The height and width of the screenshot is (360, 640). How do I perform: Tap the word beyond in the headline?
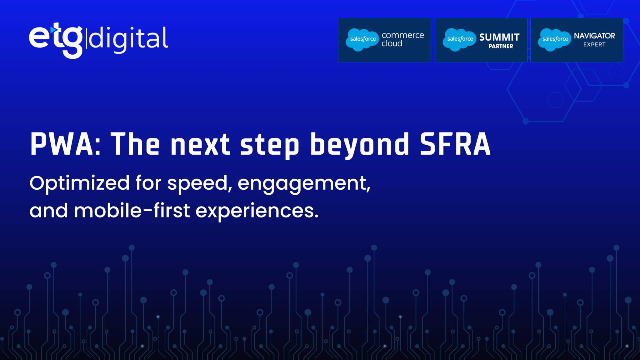point(360,145)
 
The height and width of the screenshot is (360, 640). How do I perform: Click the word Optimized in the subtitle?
point(79,183)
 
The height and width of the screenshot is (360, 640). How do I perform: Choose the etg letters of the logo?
point(56,40)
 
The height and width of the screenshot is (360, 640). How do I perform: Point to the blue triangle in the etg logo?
point(53,30)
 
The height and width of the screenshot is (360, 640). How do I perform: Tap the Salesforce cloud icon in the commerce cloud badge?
point(362,40)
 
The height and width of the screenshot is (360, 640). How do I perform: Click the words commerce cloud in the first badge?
point(403,39)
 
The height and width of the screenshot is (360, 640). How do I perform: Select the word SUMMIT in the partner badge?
point(499,37)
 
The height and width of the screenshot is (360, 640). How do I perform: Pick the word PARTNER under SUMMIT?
point(501,46)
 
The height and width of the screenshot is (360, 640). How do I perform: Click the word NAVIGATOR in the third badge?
point(594,36)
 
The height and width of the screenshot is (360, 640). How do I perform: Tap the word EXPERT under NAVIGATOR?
point(594,45)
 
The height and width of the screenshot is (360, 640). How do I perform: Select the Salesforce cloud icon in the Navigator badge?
point(555,40)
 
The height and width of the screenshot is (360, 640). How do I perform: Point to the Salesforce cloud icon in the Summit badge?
point(459,40)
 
